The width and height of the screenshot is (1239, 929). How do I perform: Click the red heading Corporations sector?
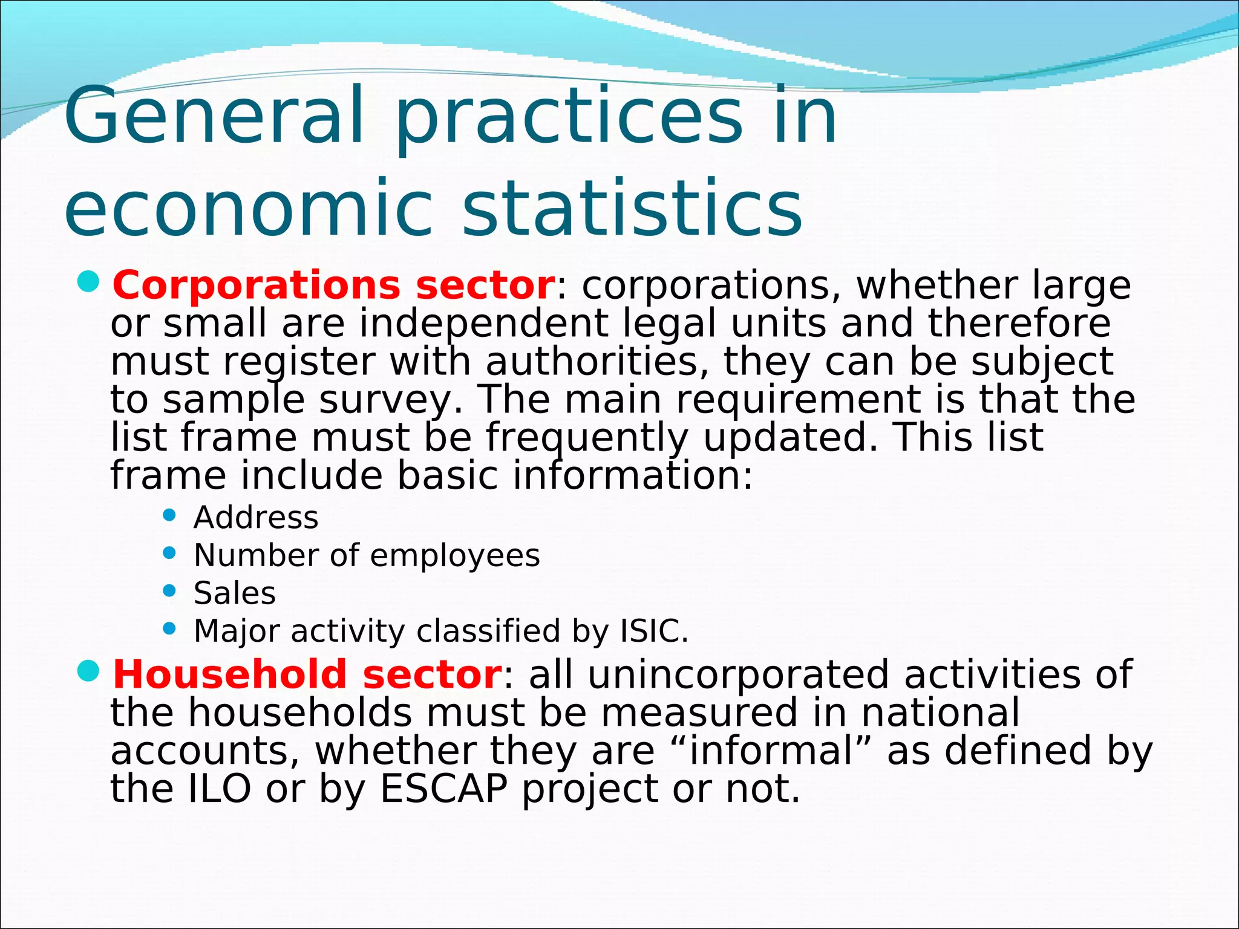click(333, 285)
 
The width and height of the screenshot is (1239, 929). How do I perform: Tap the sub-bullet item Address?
click(256, 518)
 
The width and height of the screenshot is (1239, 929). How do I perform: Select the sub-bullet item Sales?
click(235, 593)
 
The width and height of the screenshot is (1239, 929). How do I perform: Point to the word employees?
click(454, 555)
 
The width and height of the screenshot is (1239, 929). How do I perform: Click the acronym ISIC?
click(654, 631)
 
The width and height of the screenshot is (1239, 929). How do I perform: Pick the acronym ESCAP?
click(443, 789)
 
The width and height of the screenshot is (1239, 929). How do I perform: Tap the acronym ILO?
click(220, 789)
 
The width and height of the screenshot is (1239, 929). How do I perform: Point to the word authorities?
click(597, 362)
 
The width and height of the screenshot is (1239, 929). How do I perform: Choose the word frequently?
click(587, 438)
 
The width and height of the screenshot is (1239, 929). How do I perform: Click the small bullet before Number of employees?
click(169, 552)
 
